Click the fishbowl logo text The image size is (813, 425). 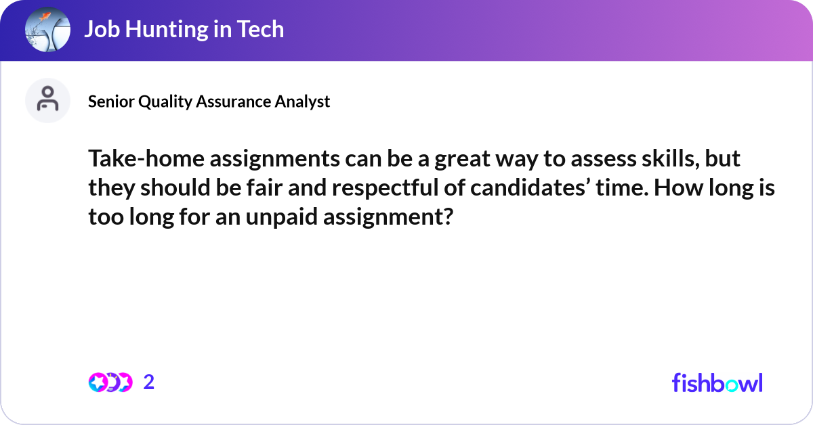717,382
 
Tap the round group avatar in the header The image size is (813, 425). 47,30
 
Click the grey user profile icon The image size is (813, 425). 47,100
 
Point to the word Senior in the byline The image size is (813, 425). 111,102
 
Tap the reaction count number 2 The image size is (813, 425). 149,382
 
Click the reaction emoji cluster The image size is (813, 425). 110,382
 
